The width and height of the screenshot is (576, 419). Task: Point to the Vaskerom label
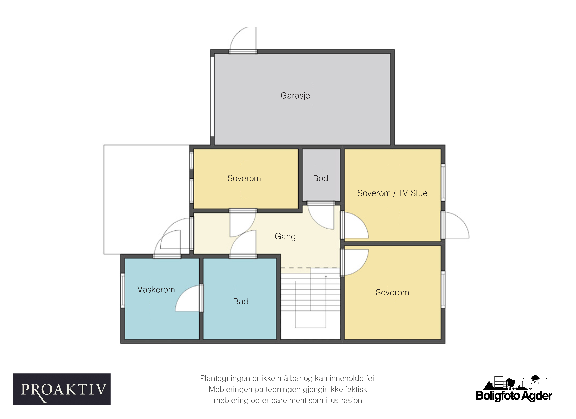[x=156, y=290]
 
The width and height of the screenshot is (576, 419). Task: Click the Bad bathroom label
[x=241, y=301]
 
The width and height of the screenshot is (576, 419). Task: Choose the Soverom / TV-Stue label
[x=392, y=193]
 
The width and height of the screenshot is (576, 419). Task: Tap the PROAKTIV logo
[x=62, y=389]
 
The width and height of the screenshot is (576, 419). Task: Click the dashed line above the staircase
[x=310, y=268]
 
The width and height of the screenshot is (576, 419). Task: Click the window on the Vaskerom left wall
[x=123, y=291]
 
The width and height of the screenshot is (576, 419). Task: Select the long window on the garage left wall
[x=212, y=97]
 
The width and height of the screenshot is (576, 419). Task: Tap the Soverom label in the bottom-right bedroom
[x=392, y=293]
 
